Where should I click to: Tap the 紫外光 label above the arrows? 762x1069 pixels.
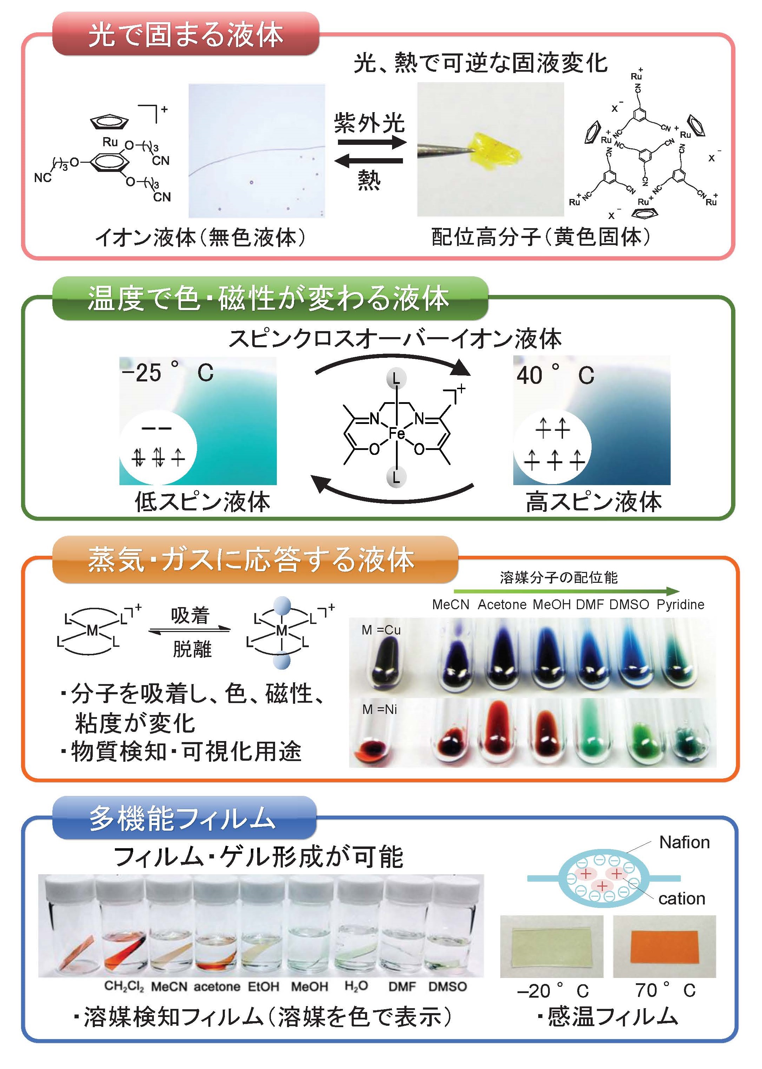click(369, 123)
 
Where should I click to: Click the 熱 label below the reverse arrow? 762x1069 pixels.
click(369, 180)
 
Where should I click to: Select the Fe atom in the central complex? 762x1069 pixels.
click(397, 432)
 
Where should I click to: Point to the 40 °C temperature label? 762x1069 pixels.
click(555, 375)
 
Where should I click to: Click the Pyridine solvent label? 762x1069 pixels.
click(680, 605)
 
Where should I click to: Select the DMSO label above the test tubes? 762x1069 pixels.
click(629, 605)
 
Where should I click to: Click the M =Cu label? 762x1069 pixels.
click(381, 630)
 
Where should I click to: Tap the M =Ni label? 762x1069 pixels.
click(379, 709)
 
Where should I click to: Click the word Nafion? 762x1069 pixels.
click(684, 842)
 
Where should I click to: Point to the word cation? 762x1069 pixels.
click(681, 899)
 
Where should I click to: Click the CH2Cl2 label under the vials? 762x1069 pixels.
click(124, 986)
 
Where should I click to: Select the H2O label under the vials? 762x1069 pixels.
click(356, 986)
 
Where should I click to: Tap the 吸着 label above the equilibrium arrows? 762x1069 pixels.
click(190, 616)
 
